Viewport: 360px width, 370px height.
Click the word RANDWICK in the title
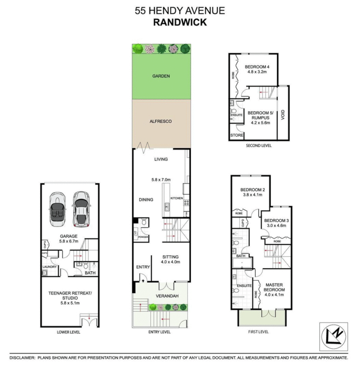(180, 22)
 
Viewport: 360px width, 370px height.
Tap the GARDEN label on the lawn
(161, 76)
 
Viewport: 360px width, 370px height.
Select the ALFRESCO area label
(161, 121)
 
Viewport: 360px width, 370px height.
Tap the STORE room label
(236, 135)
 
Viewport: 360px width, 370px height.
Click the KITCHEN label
(177, 198)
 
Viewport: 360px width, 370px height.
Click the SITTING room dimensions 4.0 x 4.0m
(171, 262)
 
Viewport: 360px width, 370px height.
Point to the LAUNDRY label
(49, 267)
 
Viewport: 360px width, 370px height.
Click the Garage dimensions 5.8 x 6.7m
(69, 241)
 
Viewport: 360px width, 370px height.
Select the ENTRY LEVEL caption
(159, 332)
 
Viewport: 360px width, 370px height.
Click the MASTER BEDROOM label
(274, 287)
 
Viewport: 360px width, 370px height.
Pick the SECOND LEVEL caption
(259, 146)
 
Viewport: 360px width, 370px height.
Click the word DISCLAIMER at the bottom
(23, 358)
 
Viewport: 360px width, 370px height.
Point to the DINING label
(146, 200)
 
